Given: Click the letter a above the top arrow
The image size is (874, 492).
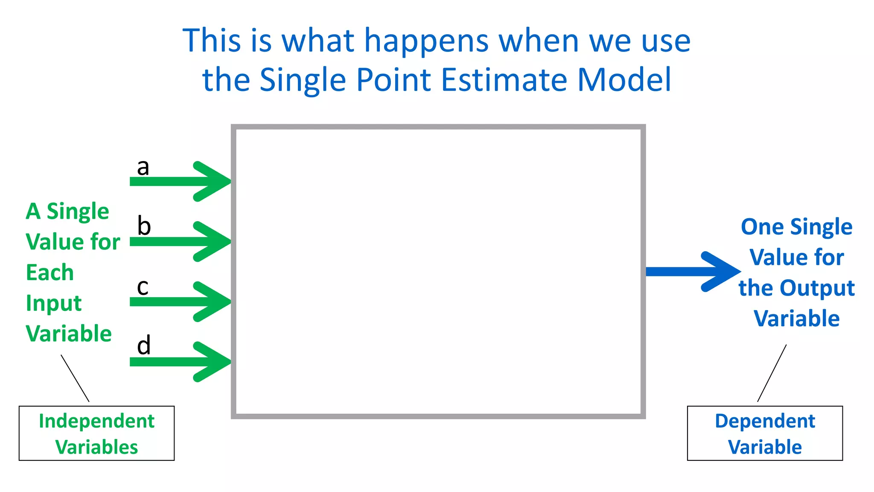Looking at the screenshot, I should pyautogui.click(x=143, y=167).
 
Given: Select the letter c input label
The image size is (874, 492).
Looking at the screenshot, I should pyautogui.click(x=143, y=287).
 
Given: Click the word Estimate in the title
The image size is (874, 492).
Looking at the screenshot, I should pyautogui.click(x=504, y=80).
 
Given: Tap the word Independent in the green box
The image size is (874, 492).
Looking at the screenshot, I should pyautogui.click(x=96, y=421).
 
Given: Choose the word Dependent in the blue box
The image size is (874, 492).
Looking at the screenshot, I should pyautogui.click(x=765, y=421).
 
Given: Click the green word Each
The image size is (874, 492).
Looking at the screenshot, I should pyautogui.click(x=50, y=272).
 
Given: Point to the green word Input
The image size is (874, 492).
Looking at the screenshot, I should pyautogui.click(x=53, y=304).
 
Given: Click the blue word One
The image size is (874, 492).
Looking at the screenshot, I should pyautogui.click(x=762, y=227).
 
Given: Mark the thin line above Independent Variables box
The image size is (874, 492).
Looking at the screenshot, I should pyautogui.click(x=75, y=378).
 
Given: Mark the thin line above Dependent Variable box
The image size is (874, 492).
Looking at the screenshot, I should pyautogui.click(x=772, y=373).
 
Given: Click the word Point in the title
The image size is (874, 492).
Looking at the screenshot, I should pyautogui.click(x=393, y=80).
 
